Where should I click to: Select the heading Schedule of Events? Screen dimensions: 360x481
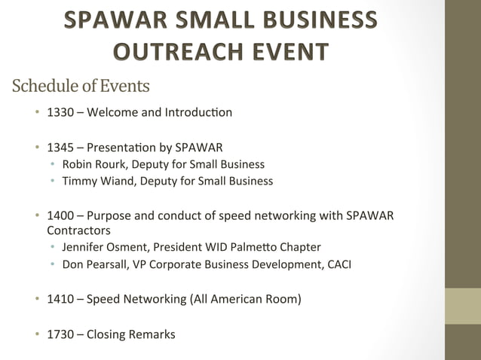(x=81, y=87)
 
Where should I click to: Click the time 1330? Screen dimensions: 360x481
(x=60, y=113)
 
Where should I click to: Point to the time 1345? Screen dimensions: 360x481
(x=60, y=147)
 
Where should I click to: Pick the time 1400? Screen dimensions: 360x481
(x=60, y=216)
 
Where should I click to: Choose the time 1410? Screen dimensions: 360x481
(x=60, y=299)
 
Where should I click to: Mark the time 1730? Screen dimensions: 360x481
(x=60, y=334)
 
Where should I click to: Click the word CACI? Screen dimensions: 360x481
(x=337, y=264)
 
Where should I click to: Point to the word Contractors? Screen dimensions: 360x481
(x=78, y=230)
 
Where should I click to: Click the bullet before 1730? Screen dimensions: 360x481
(x=36, y=334)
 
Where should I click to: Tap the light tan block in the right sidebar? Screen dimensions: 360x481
(x=462, y=307)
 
